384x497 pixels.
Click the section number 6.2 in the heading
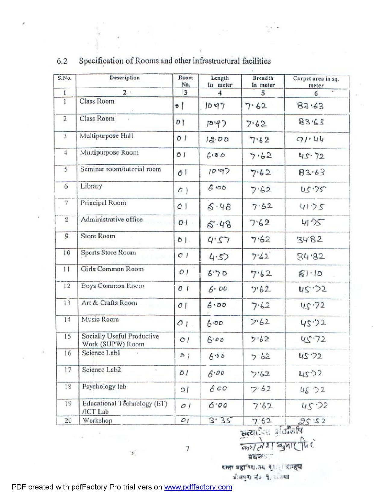[62, 61]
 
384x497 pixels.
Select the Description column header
[124, 78]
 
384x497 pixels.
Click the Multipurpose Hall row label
[106, 136]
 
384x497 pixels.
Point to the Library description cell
[91, 186]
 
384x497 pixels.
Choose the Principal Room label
[103, 203]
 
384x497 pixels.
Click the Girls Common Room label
[112, 269]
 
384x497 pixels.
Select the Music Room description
[100, 319]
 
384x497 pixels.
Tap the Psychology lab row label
[104, 386]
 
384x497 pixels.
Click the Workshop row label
[97, 420]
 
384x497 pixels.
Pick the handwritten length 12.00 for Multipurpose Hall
[217, 139]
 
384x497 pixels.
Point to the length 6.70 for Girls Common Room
[217, 273]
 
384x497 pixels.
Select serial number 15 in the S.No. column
[67, 336]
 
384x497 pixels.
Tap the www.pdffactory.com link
[198, 487]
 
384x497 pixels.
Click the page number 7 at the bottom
[187, 449]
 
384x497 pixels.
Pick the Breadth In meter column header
[263, 82]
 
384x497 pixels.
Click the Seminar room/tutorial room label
[120, 169]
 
